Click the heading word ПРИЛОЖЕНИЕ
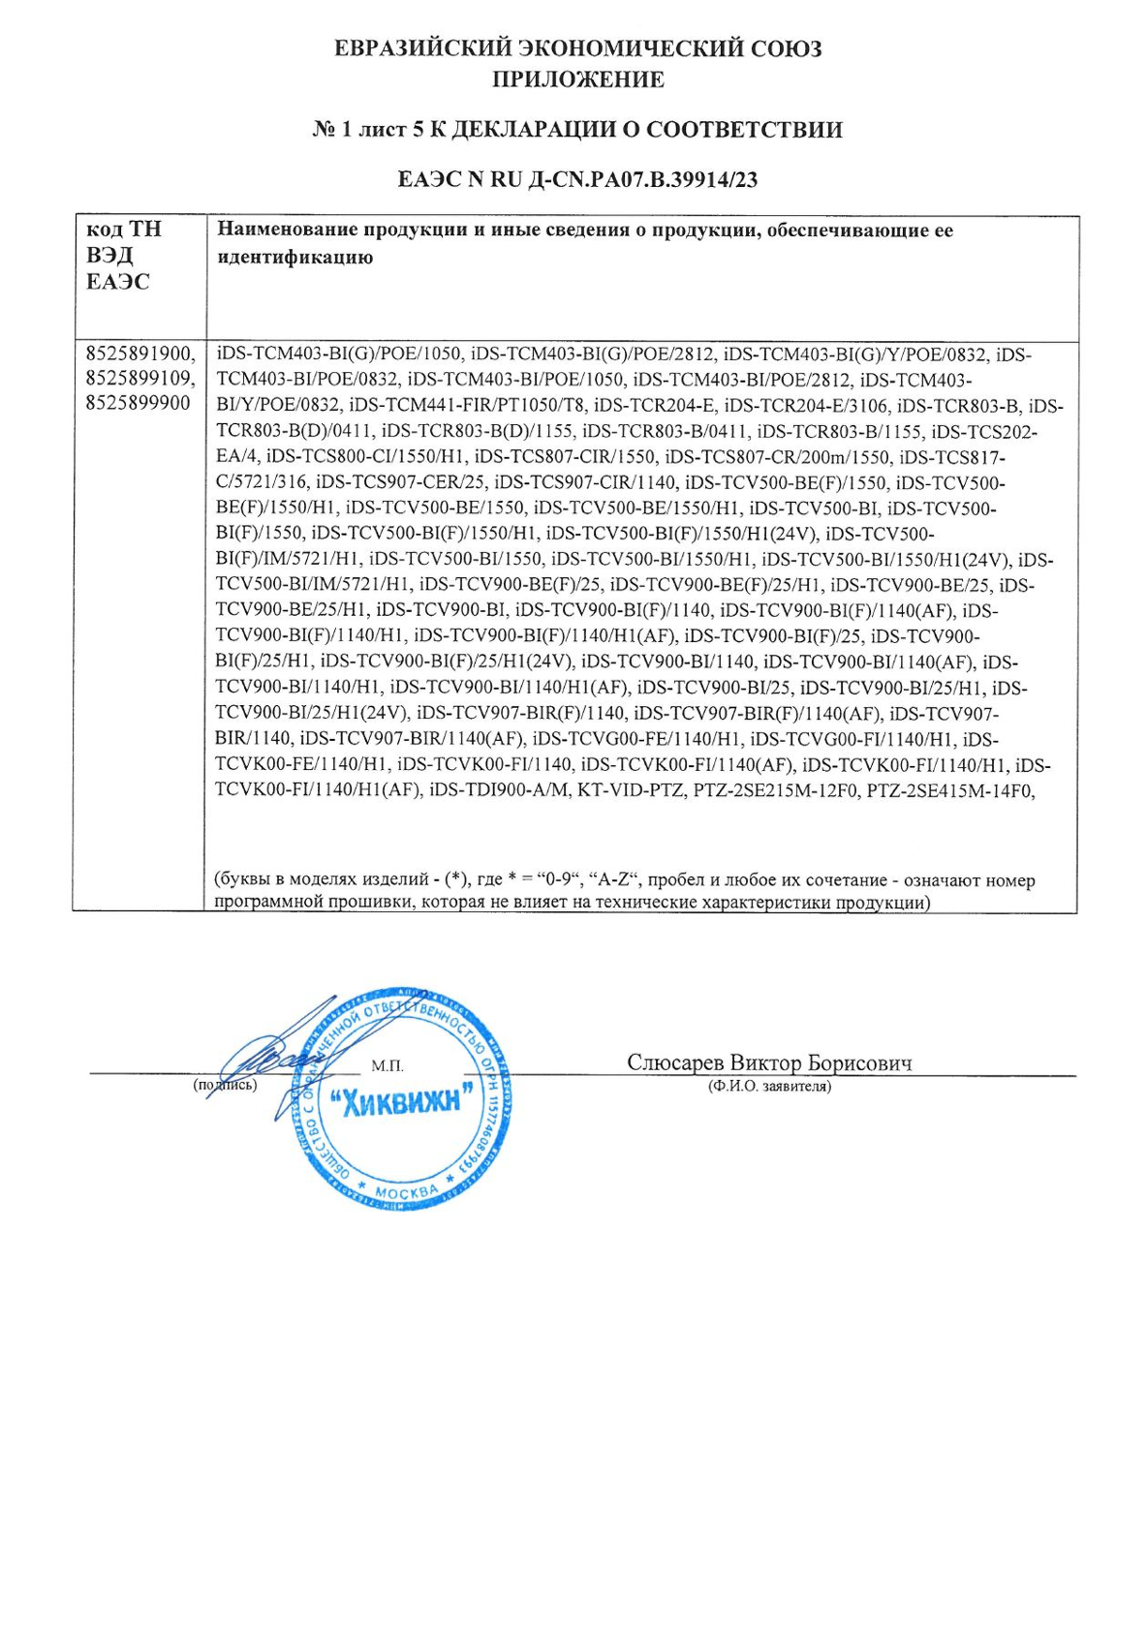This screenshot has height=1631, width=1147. [577, 79]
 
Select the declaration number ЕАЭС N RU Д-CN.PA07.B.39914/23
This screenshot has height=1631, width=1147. [577, 179]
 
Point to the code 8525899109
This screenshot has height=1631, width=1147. [139, 379]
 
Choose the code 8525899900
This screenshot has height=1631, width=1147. [138, 403]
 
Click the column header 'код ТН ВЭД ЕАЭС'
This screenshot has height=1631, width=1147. [124, 256]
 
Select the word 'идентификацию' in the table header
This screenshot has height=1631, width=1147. [294, 258]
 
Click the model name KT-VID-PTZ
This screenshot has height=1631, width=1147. [631, 790]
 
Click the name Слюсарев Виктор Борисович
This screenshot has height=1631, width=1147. [769, 1062]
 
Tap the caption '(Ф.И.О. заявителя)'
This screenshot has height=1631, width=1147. [769, 1087]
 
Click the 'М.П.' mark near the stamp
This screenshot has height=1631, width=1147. [387, 1066]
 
